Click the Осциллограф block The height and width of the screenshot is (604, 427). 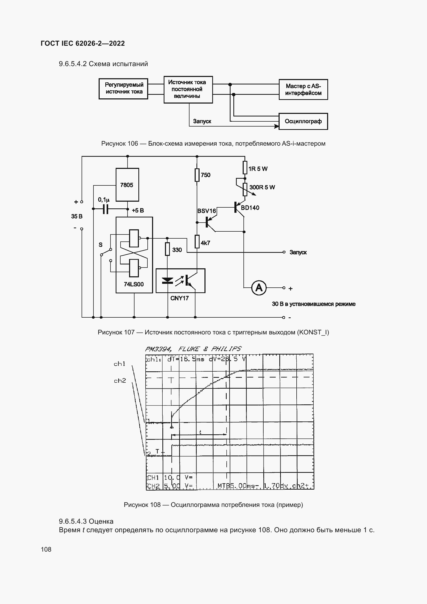(x=303, y=121)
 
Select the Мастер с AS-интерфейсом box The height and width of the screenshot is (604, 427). (x=303, y=89)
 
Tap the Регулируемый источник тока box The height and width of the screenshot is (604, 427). (x=123, y=89)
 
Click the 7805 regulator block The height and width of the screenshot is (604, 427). (x=127, y=185)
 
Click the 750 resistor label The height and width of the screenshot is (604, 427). (x=205, y=175)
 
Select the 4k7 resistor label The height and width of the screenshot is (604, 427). (x=205, y=243)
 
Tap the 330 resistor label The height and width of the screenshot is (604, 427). (x=177, y=250)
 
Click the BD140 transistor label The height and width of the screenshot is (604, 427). (x=250, y=208)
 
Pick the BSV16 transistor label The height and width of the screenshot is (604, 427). (x=207, y=211)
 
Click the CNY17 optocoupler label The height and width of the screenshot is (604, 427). (x=179, y=298)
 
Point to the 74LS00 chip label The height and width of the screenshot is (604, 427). (x=133, y=284)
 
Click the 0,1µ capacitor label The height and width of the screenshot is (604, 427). (x=104, y=200)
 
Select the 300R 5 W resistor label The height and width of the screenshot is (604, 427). (x=262, y=187)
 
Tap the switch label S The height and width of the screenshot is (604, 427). (x=100, y=245)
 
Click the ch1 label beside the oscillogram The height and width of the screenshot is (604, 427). (x=119, y=364)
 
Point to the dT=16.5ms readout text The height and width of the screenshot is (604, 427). (x=186, y=359)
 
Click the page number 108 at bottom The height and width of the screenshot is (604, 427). (x=46, y=549)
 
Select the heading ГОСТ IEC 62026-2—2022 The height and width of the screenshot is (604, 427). (x=83, y=43)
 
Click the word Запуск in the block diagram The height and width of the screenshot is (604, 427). (x=202, y=121)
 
